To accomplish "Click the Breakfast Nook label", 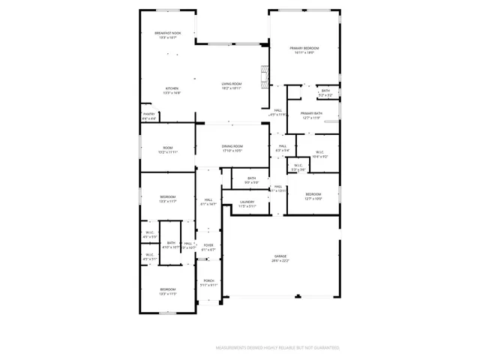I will point(167,33).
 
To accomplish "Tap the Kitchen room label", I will point(172,88).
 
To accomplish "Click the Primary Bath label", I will point(312,112).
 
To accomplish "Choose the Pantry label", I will point(148,114).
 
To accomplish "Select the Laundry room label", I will point(247,201).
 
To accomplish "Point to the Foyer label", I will point(208,244).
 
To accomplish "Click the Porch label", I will point(208,280).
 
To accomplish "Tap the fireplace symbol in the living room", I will point(263,76).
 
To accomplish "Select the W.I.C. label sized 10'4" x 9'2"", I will point(319,153).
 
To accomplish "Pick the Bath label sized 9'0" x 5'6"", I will point(252,178).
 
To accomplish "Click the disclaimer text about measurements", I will point(277,348).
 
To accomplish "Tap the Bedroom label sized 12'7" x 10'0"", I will point(313,194).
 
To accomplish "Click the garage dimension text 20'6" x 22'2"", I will point(280,260).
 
